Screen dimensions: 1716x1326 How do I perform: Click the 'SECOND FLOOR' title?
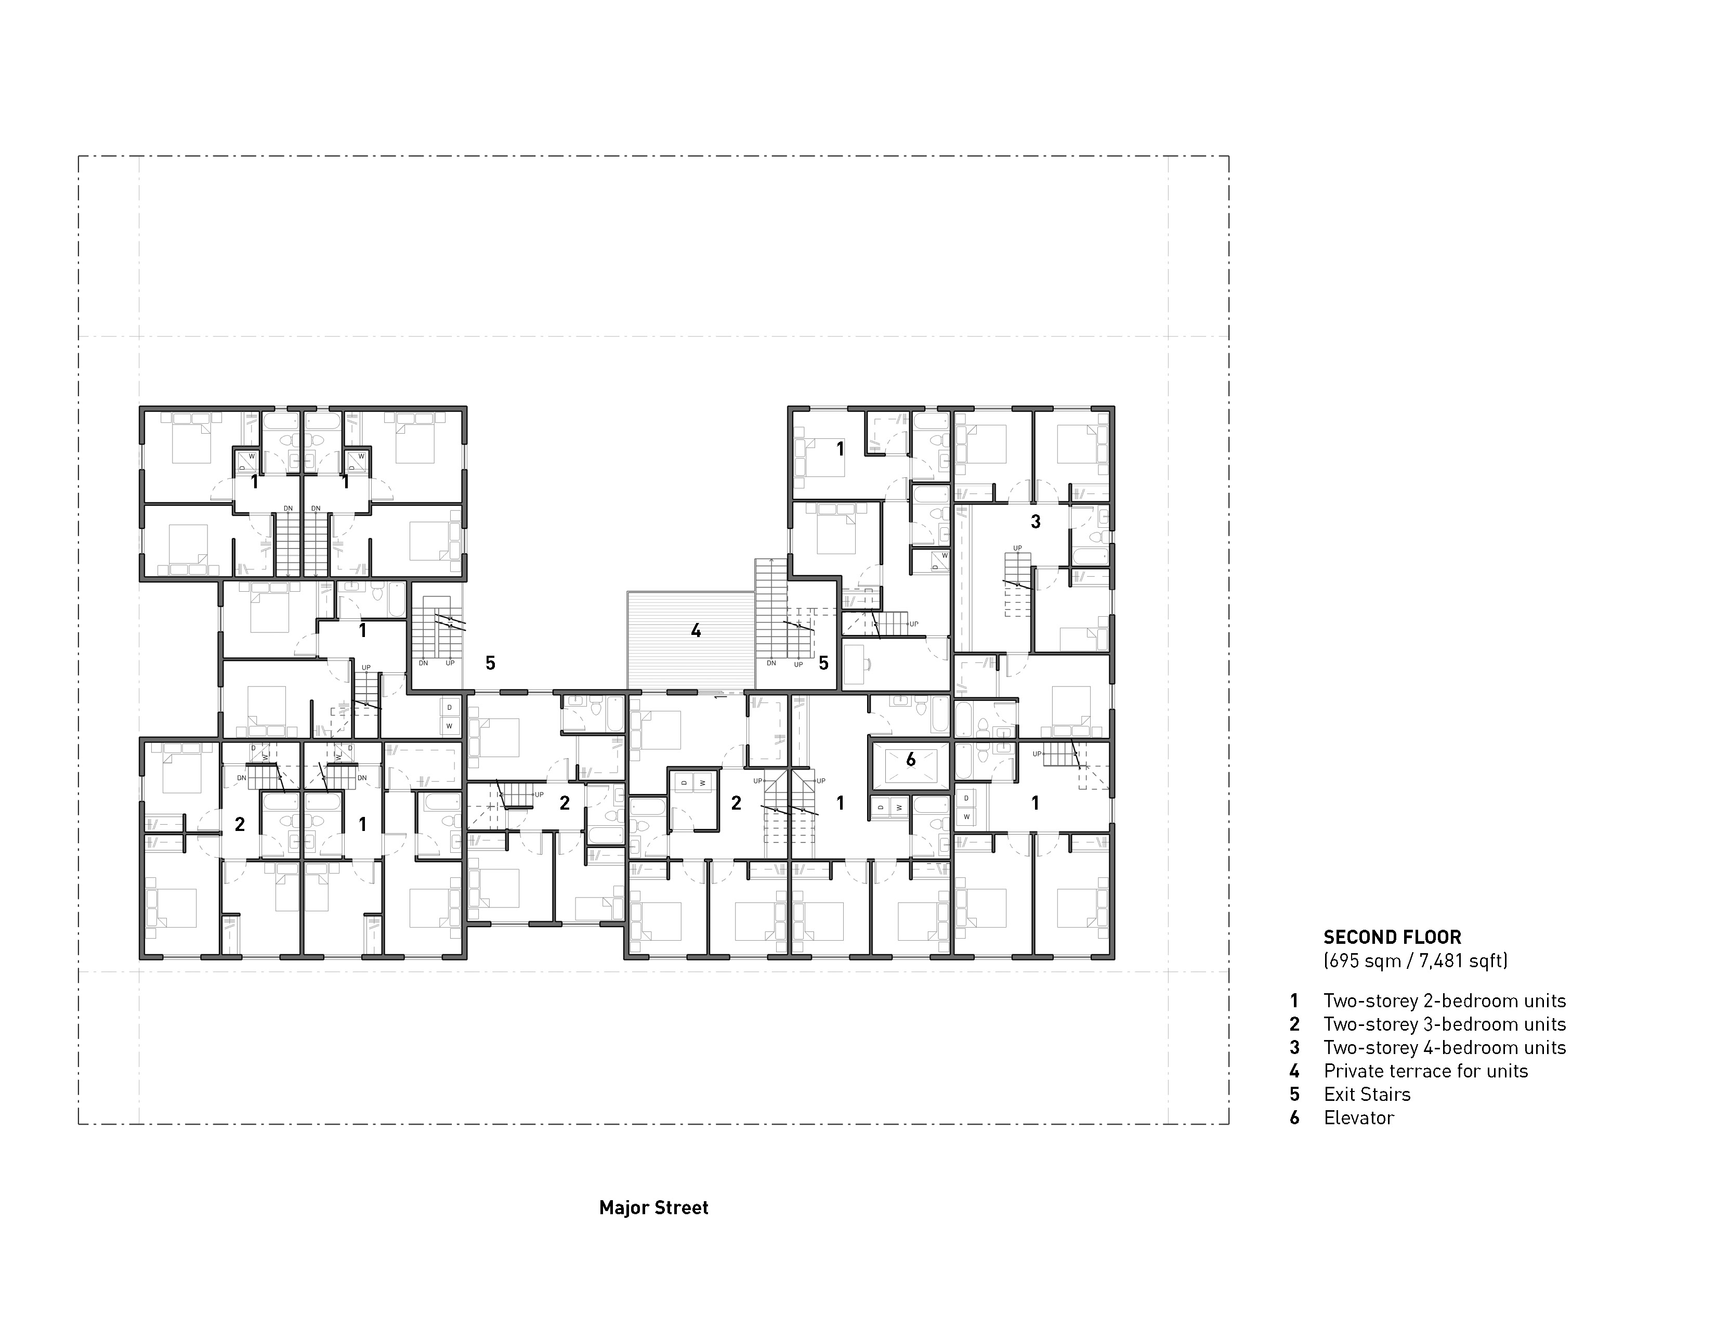coord(1392,937)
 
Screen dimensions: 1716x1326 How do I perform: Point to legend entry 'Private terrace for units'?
coord(1425,1071)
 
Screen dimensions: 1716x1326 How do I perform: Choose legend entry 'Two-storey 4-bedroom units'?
coord(1444,1048)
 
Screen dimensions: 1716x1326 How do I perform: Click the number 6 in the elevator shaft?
coord(911,760)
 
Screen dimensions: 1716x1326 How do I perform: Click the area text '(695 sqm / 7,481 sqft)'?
coord(1415,960)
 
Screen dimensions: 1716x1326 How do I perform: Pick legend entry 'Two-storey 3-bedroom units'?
coord(1444,1024)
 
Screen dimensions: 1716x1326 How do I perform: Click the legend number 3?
coord(1294,1048)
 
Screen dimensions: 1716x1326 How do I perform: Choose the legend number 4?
coord(1294,1071)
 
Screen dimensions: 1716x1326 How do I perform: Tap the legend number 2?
coord(1294,1024)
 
